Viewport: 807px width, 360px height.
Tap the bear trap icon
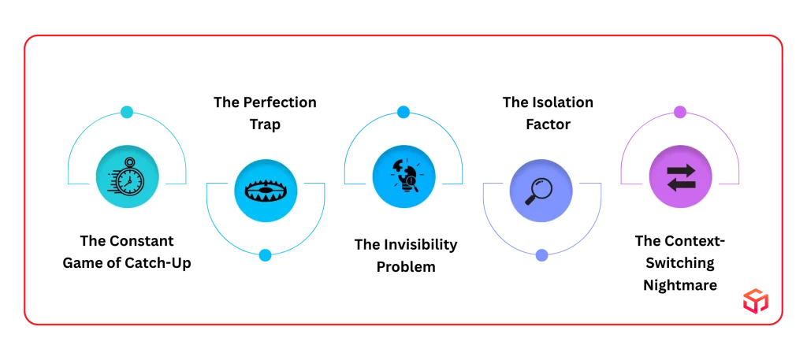point(265,191)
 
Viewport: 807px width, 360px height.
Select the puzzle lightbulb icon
point(404,176)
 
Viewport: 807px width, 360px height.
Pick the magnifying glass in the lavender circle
point(539,191)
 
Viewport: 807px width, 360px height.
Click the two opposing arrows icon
point(681,178)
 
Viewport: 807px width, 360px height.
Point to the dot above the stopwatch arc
point(127,112)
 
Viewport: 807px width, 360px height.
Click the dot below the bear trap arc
point(265,255)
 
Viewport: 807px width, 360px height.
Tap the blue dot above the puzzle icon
point(403,112)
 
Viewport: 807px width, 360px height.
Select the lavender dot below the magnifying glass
point(541,255)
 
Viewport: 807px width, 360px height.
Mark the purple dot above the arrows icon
point(680,112)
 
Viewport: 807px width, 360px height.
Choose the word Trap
point(265,124)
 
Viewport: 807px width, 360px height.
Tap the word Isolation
point(561,102)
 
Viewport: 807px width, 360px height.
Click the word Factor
point(549,124)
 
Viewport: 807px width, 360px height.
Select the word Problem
point(406,267)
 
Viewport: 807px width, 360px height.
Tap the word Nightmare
point(680,285)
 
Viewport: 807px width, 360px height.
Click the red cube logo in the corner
point(756,301)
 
